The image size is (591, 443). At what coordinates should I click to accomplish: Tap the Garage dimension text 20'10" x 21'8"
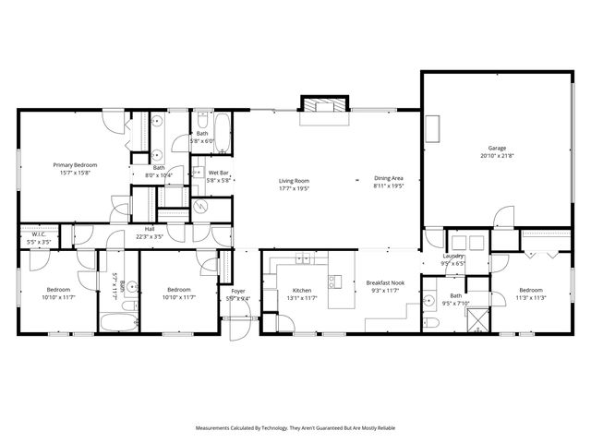[497, 156]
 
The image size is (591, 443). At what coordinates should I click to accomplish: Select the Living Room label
[295, 180]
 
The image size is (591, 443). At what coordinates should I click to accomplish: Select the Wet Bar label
[218, 173]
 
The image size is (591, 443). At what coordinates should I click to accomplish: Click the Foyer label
[237, 291]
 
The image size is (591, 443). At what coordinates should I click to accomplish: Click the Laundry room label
[452, 256]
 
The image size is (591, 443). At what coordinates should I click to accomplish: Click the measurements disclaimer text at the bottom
[295, 428]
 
